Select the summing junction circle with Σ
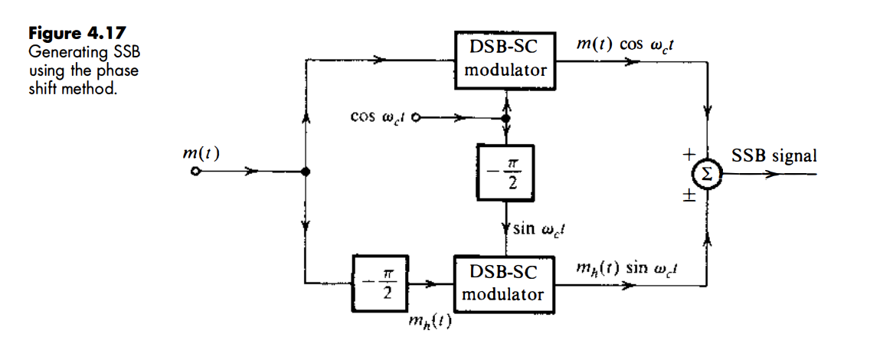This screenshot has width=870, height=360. [x=707, y=174]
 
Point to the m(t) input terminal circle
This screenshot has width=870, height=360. [x=196, y=172]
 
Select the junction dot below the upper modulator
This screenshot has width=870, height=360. [x=505, y=119]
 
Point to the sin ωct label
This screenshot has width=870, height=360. [x=538, y=230]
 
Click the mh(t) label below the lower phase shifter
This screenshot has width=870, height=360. [x=430, y=323]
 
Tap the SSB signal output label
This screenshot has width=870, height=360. [x=774, y=155]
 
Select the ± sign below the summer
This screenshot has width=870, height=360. [x=688, y=196]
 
